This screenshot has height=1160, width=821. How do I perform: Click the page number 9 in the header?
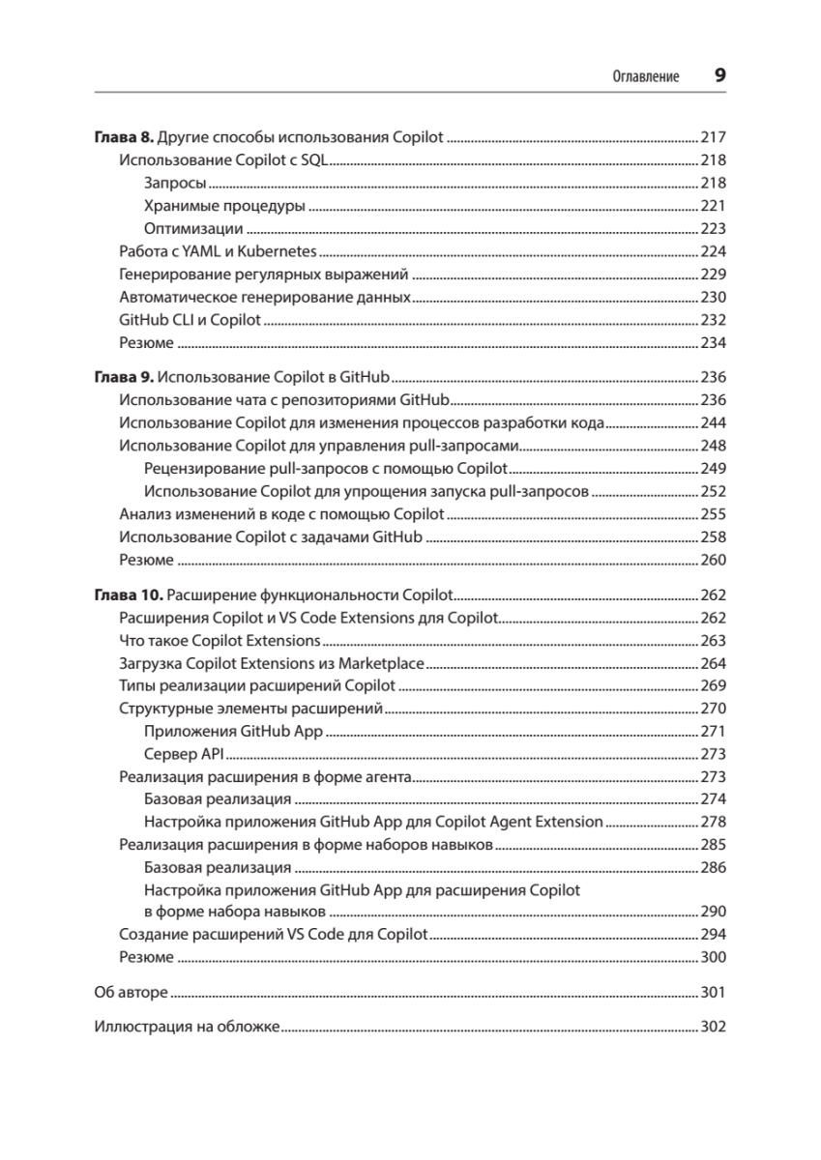(x=719, y=75)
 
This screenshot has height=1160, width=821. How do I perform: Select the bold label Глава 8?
(x=123, y=137)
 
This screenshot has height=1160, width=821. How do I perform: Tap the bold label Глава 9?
(x=123, y=377)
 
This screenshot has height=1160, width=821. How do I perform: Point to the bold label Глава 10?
(x=128, y=594)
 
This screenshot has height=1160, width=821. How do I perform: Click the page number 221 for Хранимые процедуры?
(x=713, y=206)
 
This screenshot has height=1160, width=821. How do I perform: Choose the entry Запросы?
(x=174, y=184)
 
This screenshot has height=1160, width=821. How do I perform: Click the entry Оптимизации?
(x=192, y=229)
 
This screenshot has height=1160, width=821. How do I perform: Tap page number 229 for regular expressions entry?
(x=713, y=275)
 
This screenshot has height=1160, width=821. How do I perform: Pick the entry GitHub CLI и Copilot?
(x=190, y=320)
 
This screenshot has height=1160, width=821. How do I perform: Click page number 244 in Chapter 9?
(x=713, y=423)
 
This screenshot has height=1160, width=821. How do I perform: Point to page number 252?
(x=713, y=491)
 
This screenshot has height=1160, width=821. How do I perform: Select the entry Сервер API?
(x=184, y=754)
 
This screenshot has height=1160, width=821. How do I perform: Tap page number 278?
(x=713, y=823)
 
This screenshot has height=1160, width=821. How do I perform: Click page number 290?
(x=713, y=912)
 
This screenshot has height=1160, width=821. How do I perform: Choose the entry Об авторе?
(x=131, y=993)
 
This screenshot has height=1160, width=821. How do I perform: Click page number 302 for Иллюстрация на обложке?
(x=713, y=1028)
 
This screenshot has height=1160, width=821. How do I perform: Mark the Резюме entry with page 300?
(x=146, y=958)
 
